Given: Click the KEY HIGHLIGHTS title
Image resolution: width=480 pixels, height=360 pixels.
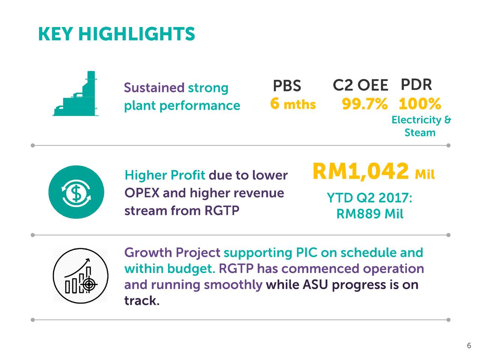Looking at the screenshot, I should click(x=116, y=34).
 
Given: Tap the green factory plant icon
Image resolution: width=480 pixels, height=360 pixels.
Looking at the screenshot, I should click(x=76, y=94).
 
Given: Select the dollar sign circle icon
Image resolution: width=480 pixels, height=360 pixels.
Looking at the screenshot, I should click(x=76, y=192).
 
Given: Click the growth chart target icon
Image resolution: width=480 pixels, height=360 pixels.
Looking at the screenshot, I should click(x=80, y=276).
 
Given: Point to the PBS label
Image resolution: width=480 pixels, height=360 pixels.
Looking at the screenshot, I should click(x=287, y=86).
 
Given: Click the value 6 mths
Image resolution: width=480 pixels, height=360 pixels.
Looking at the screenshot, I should click(x=293, y=104).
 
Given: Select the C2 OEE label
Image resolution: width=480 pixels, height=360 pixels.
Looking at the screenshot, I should click(x=360, y=86).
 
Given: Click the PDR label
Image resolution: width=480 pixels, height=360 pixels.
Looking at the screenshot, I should click(x=416, y=85).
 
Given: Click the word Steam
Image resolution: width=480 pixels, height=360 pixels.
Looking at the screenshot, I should click(x=420, y=133).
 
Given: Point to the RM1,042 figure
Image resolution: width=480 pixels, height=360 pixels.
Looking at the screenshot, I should click(x=360, y=172).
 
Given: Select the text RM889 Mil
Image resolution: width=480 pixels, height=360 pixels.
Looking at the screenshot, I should click(x=370, y=214).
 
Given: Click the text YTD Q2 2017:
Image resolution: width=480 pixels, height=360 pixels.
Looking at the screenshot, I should click(x=370, y=198).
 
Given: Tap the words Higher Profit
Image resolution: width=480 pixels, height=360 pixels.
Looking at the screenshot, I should click(x=165, y=175).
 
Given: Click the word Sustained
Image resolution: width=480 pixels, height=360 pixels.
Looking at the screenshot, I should click(x=154, y=88).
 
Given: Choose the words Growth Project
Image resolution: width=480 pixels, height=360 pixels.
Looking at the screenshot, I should click(x=172, y=252).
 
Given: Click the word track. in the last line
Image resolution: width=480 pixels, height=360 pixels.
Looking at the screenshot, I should click(x=142, y=301).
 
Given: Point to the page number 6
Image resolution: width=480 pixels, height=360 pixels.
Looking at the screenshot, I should click(x=469, y=346).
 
